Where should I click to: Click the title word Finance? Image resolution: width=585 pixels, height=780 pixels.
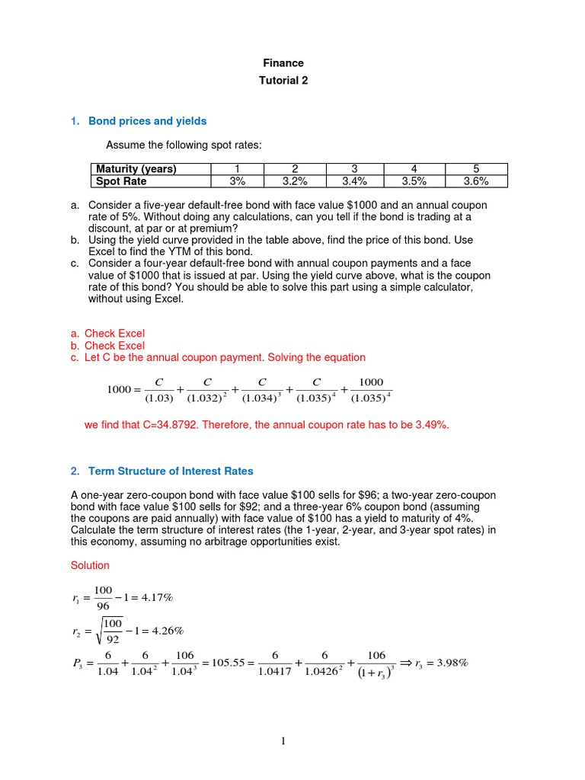(283, 63)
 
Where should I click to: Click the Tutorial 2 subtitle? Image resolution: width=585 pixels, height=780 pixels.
(283, 81)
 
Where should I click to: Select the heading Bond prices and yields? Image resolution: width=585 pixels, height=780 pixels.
(148, 121)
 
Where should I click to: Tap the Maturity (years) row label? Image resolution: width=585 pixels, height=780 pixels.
(135, 169)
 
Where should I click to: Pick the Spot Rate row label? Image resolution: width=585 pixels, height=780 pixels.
(120, 181)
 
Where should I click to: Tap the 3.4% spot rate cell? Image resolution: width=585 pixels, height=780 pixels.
(355, 181)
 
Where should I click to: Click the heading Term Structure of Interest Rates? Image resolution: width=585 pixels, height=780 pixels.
(171, 472)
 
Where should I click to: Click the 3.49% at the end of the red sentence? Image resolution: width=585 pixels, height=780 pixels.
(430, 425)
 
